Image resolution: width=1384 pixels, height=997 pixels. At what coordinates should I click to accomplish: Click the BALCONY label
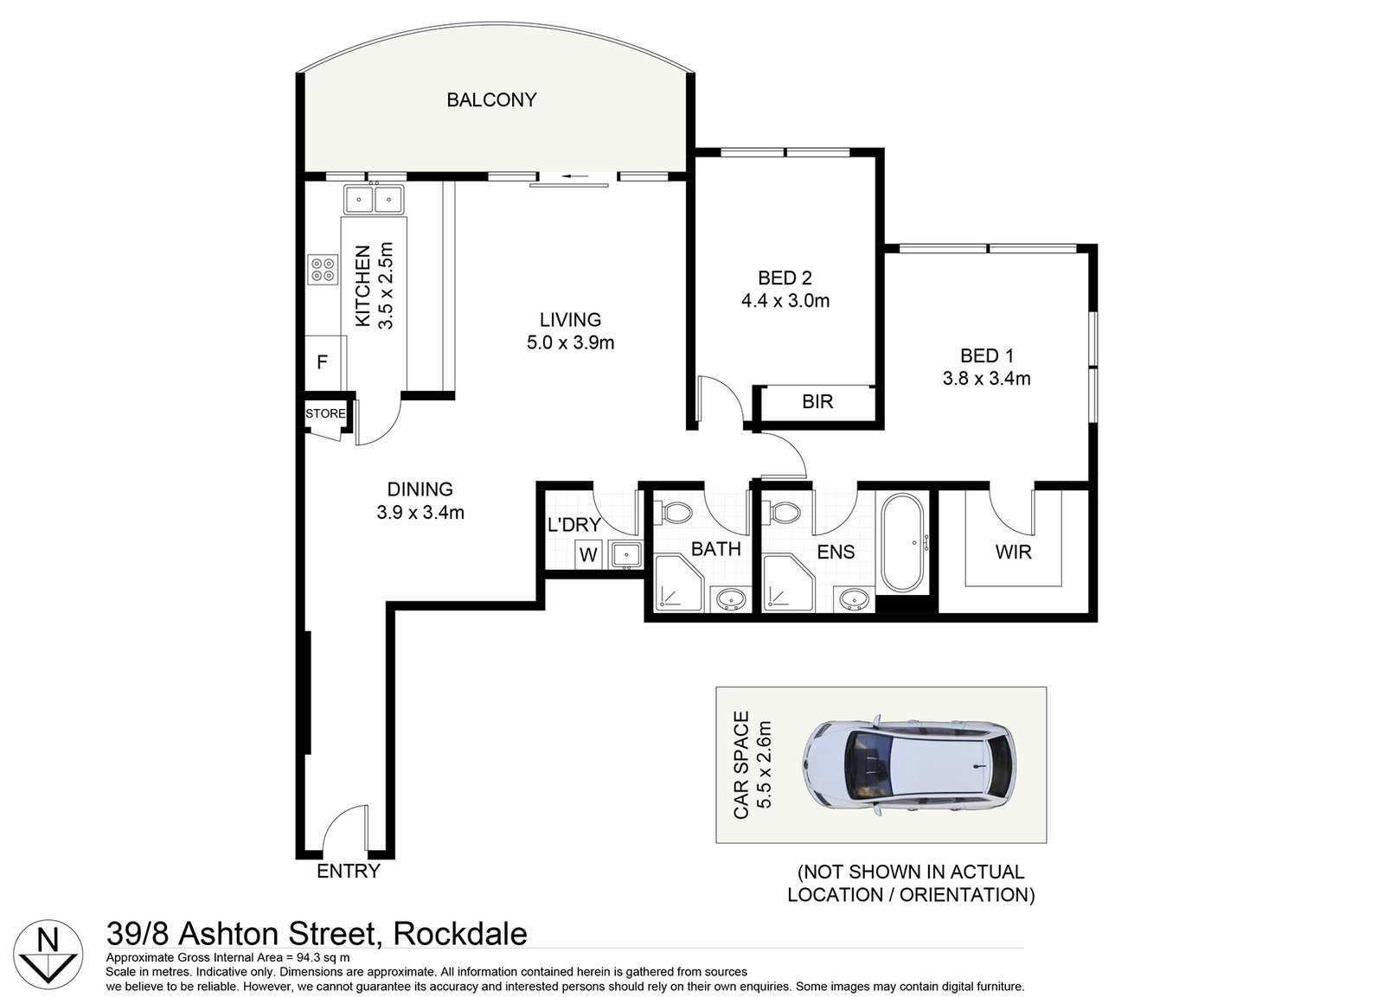(x=491, y=100)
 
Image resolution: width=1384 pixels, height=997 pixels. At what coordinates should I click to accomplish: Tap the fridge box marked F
(x=323, y=362)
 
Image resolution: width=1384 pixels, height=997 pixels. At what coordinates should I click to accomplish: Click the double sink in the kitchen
(x=374, y=201)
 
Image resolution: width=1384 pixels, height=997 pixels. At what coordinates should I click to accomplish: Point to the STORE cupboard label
(x=325, y=414)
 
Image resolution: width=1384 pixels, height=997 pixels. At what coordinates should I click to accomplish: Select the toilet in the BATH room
(x=675, y=514)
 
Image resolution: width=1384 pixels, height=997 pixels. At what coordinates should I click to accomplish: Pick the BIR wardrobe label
(x=817, y=402)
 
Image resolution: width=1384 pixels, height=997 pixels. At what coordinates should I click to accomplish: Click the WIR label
(x=1013, y=552)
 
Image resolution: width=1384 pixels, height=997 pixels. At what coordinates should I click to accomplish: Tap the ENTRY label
(x=348, y=871)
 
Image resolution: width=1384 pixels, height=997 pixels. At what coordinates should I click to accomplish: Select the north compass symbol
(x=50, y=953)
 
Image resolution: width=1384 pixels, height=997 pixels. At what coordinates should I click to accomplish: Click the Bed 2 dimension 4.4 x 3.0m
(x=785, y=301)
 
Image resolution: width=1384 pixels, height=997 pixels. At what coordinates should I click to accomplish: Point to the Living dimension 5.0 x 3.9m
(x=570, y=342)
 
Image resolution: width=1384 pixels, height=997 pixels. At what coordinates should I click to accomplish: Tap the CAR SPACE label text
(x=741, y=765)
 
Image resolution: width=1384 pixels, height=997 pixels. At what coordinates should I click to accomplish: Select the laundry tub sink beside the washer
(x=624, y=553)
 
